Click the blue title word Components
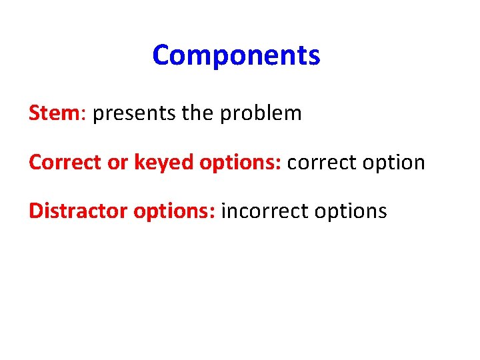236,56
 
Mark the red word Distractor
78,211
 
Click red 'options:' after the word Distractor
174,212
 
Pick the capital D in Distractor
35,211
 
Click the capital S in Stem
35,113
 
